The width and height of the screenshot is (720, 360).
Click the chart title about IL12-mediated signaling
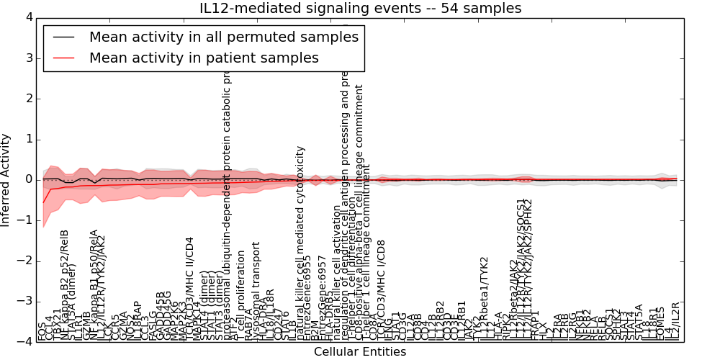(360, 8)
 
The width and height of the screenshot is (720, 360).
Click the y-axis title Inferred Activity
(6, 179)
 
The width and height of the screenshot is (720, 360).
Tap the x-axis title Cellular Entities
(360, 352)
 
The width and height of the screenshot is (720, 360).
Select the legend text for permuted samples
(223, 37)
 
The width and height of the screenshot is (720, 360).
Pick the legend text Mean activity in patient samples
(204, 58)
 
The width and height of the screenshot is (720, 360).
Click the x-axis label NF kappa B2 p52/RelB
(65, 285)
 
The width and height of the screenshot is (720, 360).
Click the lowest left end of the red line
(43, 202)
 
